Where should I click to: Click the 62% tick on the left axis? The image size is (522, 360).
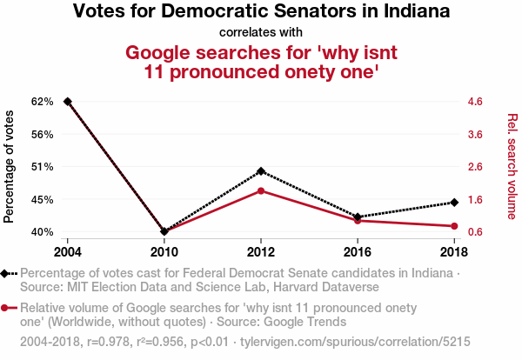click(43, 102)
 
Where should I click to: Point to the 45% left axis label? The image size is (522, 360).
click(43, 199)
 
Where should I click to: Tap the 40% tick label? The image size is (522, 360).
click(43, 232)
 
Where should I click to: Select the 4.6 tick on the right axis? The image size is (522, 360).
click(476, 102)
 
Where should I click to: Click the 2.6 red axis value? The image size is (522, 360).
click(476, 166)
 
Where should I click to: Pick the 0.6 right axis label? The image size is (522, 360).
click(476, 232)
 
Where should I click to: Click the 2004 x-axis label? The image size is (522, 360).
click(67, 251)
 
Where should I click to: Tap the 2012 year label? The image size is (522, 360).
click(261, 251)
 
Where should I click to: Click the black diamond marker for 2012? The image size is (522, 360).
click(261, 171)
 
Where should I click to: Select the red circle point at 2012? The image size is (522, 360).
click(261, 190)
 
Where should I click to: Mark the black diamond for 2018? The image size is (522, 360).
click(454, 203)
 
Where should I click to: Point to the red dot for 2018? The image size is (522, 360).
click(454, 226)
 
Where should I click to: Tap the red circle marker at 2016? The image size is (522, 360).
click(358, 221)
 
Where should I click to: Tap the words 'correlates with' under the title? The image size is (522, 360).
click(261, 32)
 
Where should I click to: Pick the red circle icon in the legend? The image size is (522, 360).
click(7, 308)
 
